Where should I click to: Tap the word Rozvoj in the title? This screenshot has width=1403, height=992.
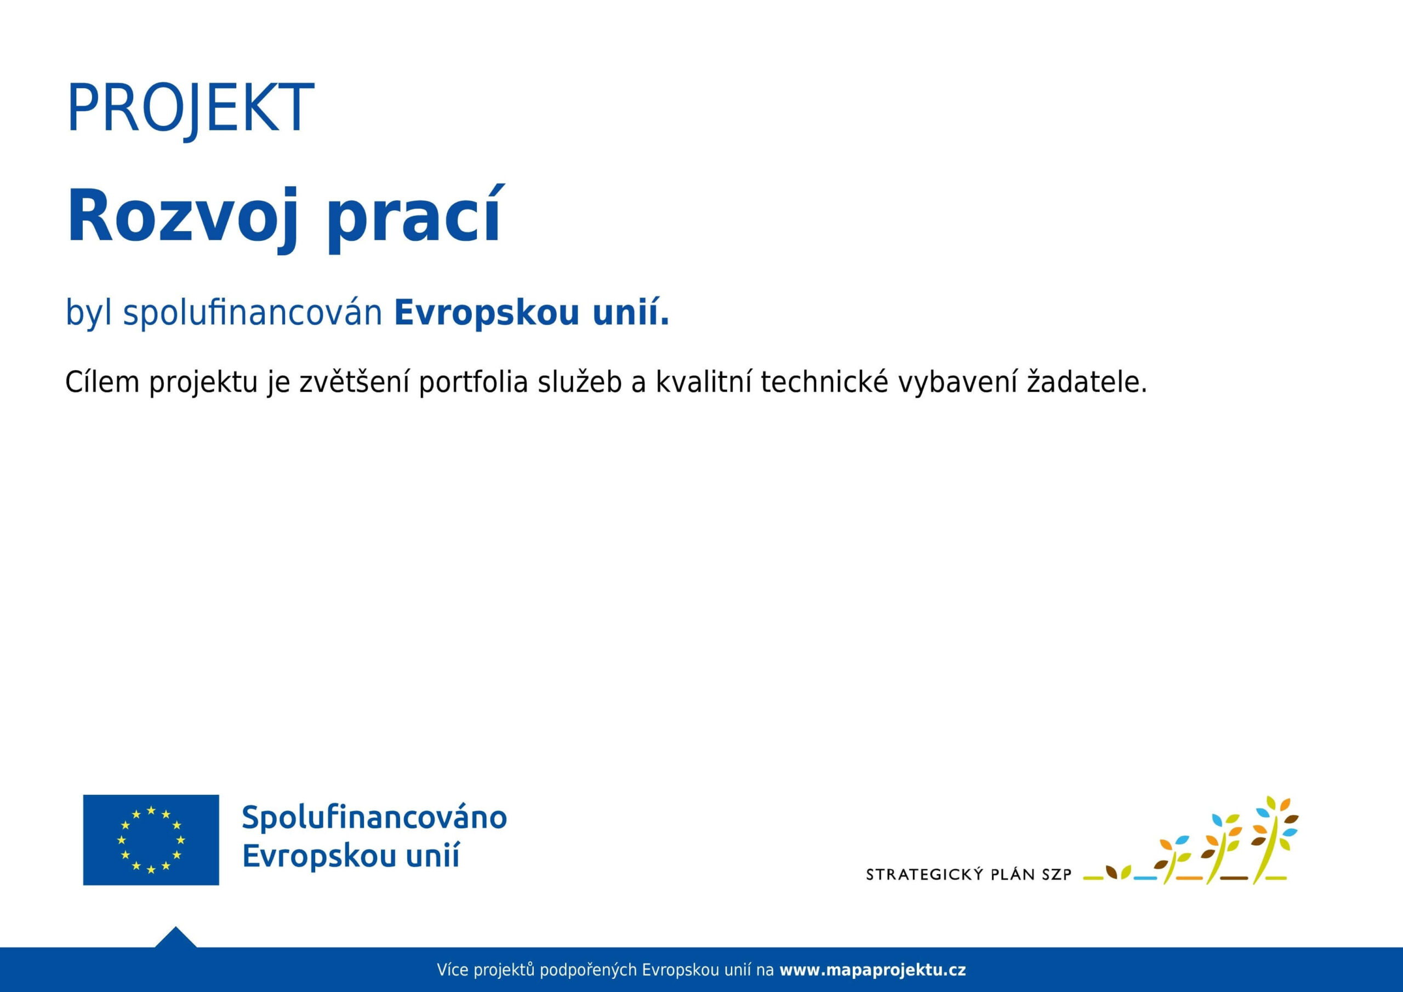click(x=182, y=217)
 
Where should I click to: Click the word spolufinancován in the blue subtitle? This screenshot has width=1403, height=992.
click(x=252, y=313)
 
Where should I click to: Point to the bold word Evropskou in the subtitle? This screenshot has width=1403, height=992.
click(x=487, y=313)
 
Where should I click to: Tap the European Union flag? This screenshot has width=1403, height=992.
click(x=151, y=840)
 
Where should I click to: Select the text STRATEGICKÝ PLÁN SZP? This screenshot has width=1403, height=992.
click(x=968, y=875)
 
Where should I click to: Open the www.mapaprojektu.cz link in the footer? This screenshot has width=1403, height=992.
click(x=872, y=970)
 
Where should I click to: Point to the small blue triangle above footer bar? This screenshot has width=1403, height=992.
click(x=175, y=937)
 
